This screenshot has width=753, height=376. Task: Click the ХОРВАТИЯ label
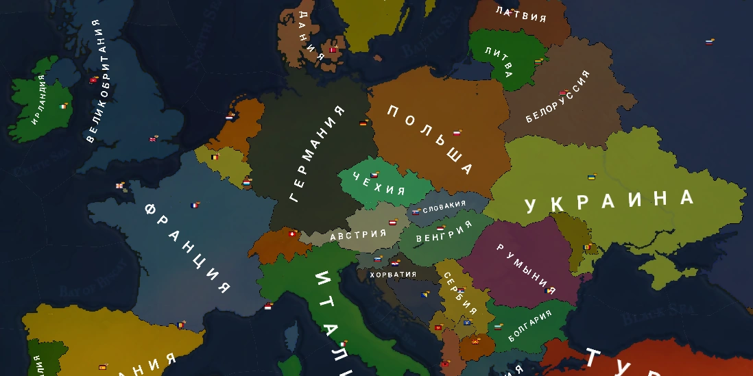click(x=393, y=275)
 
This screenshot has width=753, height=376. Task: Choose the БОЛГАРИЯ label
click(x=529, y=327)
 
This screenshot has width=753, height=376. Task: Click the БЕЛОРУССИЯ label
click(x=558, y=97)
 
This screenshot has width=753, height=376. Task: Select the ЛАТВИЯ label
click(x=521, y=14)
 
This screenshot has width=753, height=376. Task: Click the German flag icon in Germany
click(x=363, y=123)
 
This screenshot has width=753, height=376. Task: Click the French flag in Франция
click(x=195, y=205)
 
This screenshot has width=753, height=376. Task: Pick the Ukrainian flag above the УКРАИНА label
click(x=590, y=177)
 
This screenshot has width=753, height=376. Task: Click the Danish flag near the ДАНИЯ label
click(x=333, y=49)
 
